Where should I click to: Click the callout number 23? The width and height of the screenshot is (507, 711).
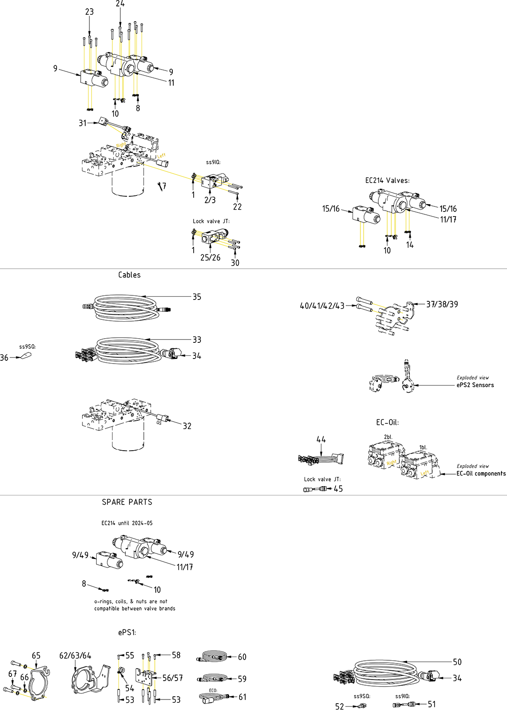coord(89,12)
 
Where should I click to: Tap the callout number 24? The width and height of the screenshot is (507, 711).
coord(120,4)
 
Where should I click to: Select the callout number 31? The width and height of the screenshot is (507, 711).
coord(83,123)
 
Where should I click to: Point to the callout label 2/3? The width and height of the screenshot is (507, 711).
coord(210,200)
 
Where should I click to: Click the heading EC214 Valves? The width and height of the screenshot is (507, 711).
coord(387,181)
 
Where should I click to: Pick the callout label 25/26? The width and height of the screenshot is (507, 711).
coord(210,258)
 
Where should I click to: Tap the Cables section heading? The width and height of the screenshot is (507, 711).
coord(129,275)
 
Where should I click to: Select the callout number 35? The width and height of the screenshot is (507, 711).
coord(197,297)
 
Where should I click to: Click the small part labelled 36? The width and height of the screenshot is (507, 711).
coord(25,356)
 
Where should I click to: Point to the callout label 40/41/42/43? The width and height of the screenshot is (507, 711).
coord(322,306)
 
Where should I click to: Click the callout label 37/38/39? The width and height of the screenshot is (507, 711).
coord(442,304)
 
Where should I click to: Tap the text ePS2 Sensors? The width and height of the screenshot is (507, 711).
coord(475,385)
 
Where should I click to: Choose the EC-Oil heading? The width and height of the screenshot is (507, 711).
coord(387,423)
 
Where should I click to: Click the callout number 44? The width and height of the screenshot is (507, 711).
coord(321,440)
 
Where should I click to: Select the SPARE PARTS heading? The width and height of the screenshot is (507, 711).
coord(127,502)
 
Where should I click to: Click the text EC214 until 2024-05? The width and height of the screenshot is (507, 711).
coord(127,523)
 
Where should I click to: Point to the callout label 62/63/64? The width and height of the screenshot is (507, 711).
coord(75,656)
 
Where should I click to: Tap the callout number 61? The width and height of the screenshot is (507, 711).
coord(242,697)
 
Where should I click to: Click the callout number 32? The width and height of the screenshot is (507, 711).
coord(187,426)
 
